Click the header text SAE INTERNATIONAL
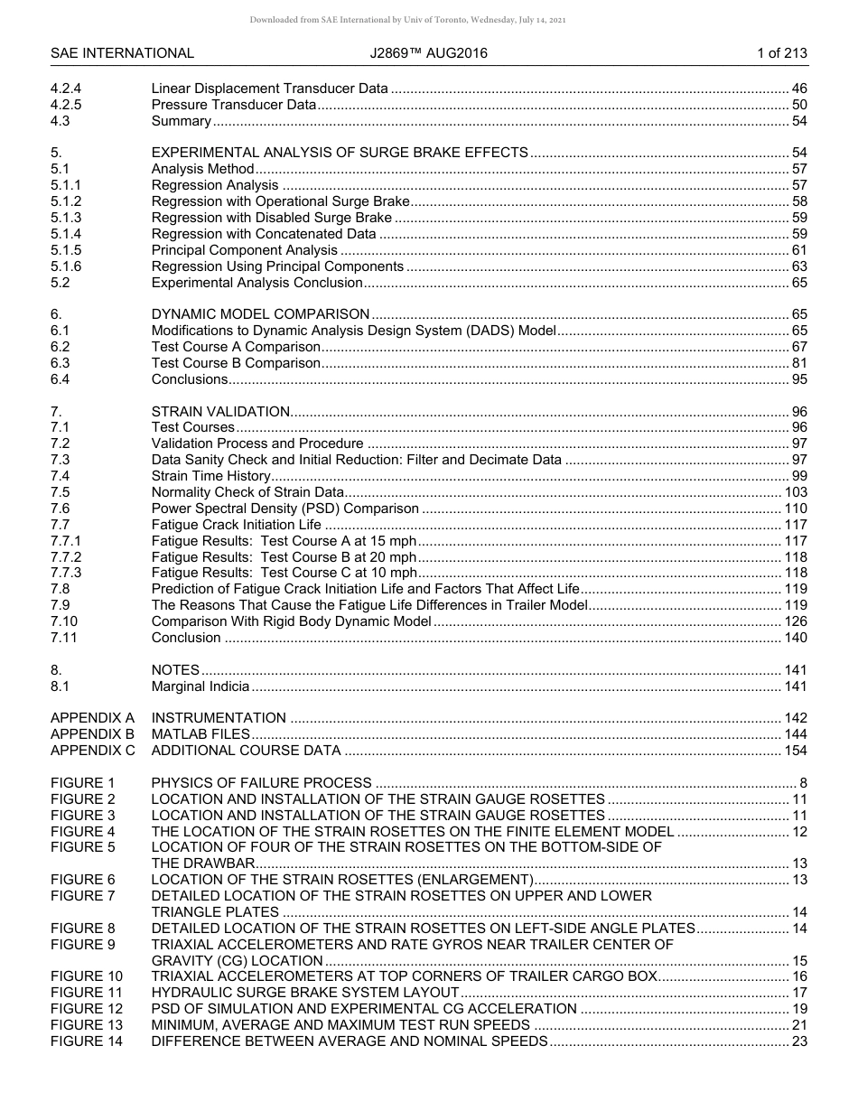[x=122, y=53]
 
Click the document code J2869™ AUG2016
[x=428, y=53]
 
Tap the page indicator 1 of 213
[x=781, y=53]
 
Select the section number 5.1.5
[x=66, y=250]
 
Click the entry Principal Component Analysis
[x=244, y=250]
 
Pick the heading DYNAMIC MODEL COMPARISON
[x=260, y=314]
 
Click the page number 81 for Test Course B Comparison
[x=798, y=363]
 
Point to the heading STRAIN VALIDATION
[x=220, y=412]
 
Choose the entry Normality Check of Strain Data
[x=247, y=492]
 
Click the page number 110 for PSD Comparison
[x=795, y=509]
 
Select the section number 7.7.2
[x=66, y=557]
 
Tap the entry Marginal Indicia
[x=200, y=686]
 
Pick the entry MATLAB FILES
[x=201, y=734]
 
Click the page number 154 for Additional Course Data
[x=795, y=751]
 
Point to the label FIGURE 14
[x=87, y=1041]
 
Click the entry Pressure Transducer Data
[x=233, y=105]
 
